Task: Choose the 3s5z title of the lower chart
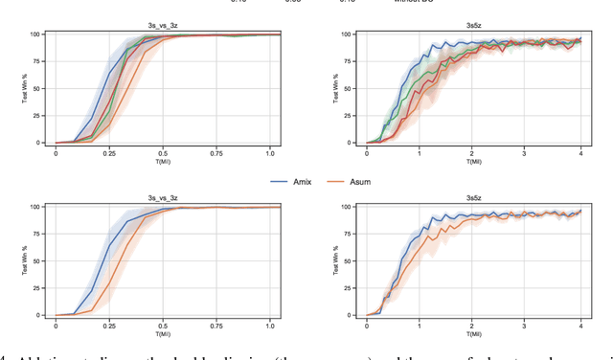[474, 200]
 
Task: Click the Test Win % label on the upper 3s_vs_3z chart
[27, 88]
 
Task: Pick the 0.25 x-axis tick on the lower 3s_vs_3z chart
[109, 325]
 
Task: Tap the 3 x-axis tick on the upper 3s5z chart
[526, 152]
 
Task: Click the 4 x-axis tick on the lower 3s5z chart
[579, 325]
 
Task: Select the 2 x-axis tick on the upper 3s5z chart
[472, 152]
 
